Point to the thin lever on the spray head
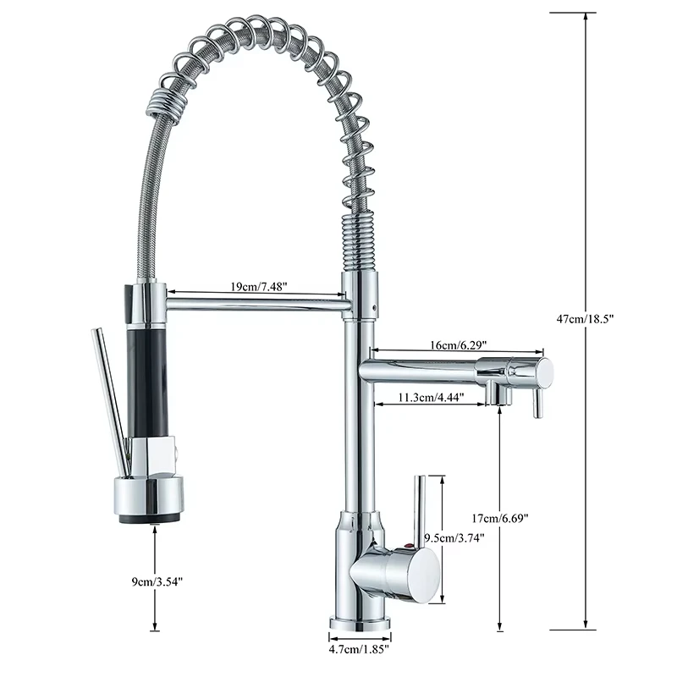point(110,398)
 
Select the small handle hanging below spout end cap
point(536,403)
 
